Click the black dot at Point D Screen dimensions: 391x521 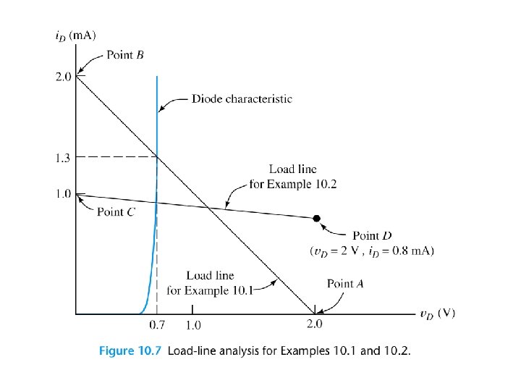click(316, 218)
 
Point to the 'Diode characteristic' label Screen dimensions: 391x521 click(242, 98)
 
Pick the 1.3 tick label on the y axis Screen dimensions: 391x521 click(63, 156)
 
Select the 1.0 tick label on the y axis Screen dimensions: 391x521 click(63, 194)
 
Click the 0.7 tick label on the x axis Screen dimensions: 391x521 click(157, 327)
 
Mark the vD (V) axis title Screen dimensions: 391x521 click(437, 314)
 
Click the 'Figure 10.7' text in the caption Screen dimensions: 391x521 click(130, 351)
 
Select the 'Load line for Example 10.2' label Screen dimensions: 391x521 click(292, 177)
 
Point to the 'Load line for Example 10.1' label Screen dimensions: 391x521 click(210, 283)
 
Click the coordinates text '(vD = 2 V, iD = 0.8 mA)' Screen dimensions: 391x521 click(371, 251)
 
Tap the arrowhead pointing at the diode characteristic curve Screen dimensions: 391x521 click(161, 109)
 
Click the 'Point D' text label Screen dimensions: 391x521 click(372, 235)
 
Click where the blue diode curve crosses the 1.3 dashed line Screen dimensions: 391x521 click(157, 156)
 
